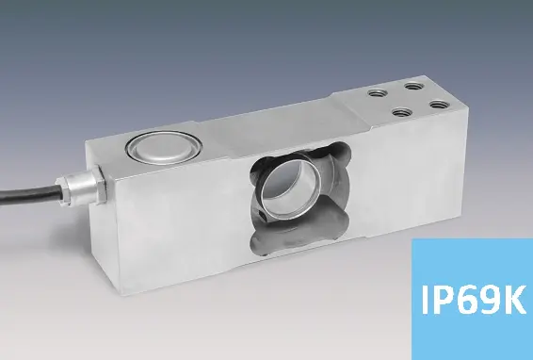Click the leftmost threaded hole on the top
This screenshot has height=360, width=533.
(x=376, y=92)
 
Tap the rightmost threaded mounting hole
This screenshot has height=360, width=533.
(x=440, y=104)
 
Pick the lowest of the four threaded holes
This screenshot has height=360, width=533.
(x=402, y=112)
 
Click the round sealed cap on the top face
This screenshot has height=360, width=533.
(x=164, y=148)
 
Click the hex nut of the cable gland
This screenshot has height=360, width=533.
(x=97, y=184)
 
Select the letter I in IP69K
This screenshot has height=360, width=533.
(x=425, y=300)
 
